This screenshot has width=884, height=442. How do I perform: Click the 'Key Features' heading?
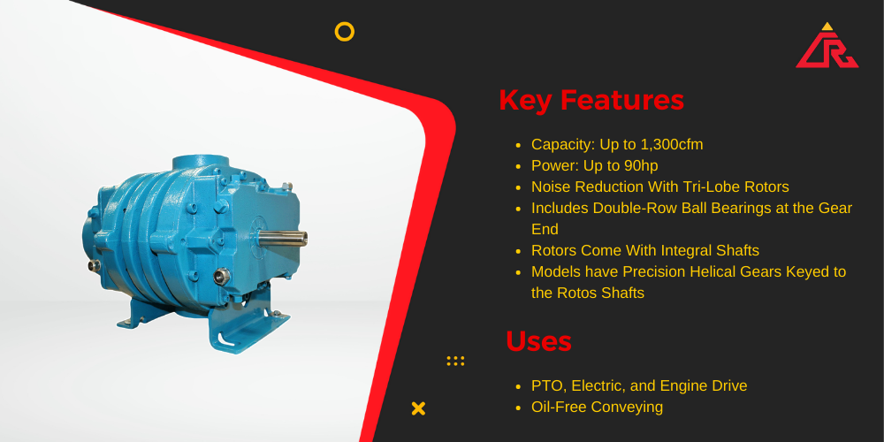coord(591,101)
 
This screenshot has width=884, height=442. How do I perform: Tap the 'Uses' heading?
coord(538,341)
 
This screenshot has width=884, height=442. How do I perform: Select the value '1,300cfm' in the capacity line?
coord(672,145)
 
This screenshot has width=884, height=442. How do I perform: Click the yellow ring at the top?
coord(345,32)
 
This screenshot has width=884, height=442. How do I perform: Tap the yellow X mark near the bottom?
coord(418,408)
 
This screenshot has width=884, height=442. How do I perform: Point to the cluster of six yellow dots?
coord(455,361)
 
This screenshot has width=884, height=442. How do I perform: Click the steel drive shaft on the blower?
coord(283,238)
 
